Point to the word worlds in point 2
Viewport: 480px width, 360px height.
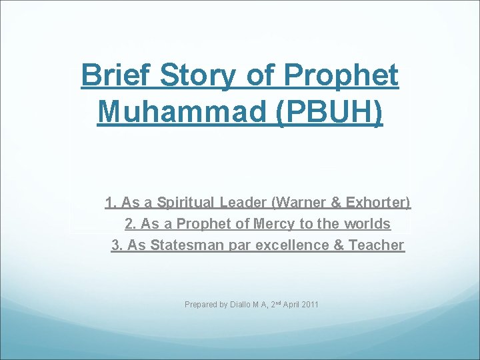tap(368, 223)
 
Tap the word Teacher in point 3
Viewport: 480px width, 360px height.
tap(377, 245)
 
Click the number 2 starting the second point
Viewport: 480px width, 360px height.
tap(129, 223)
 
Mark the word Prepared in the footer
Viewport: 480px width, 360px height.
tap(201, 305)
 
